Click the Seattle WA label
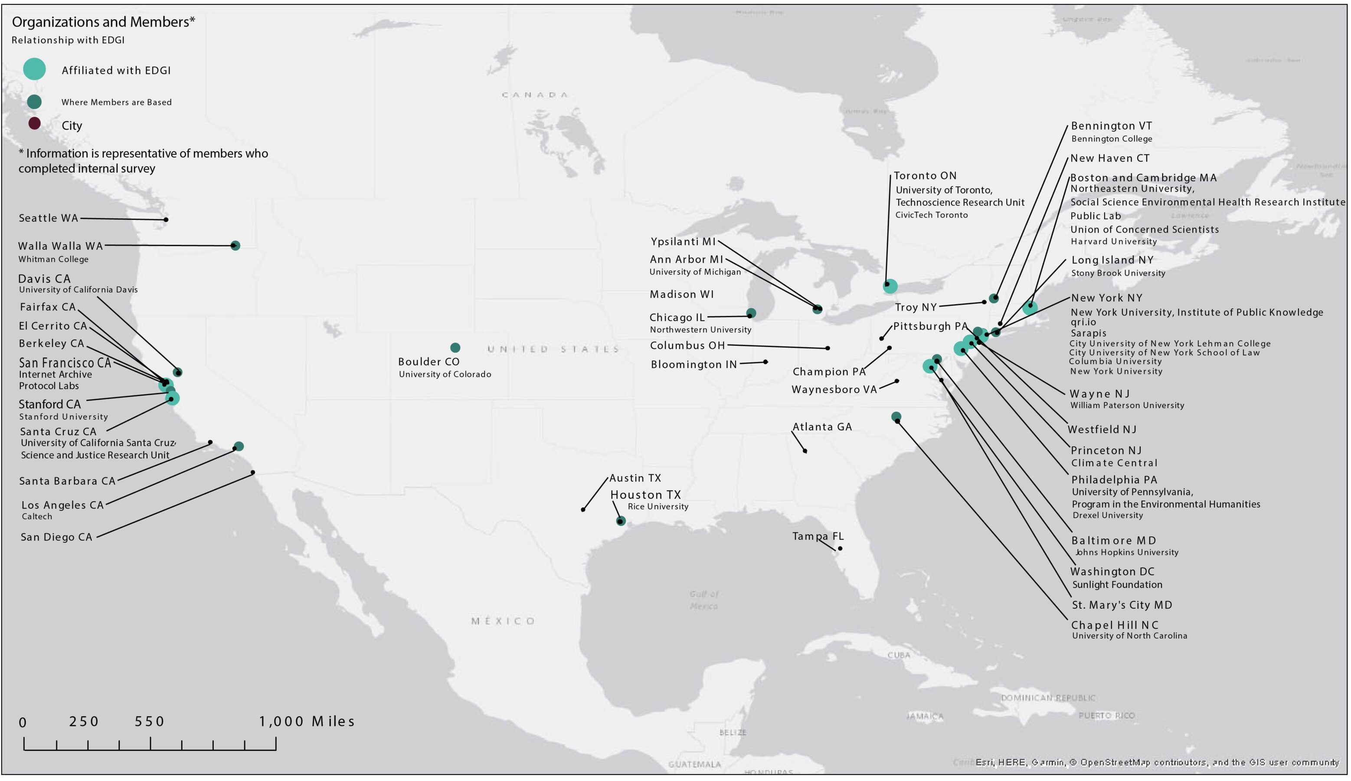click(48, 218)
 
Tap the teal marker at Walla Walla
click(236, 246)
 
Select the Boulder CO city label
click(429, 362)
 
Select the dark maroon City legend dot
click(34, 124)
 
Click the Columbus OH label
click(688, 346)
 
